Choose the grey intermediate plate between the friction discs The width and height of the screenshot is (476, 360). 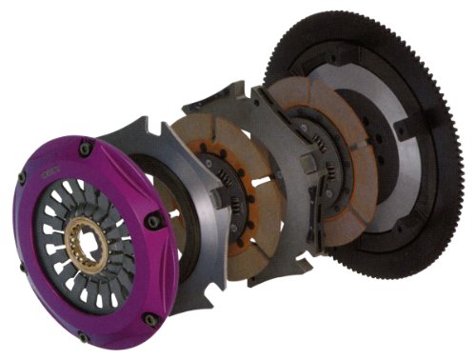tap(276, 190)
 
